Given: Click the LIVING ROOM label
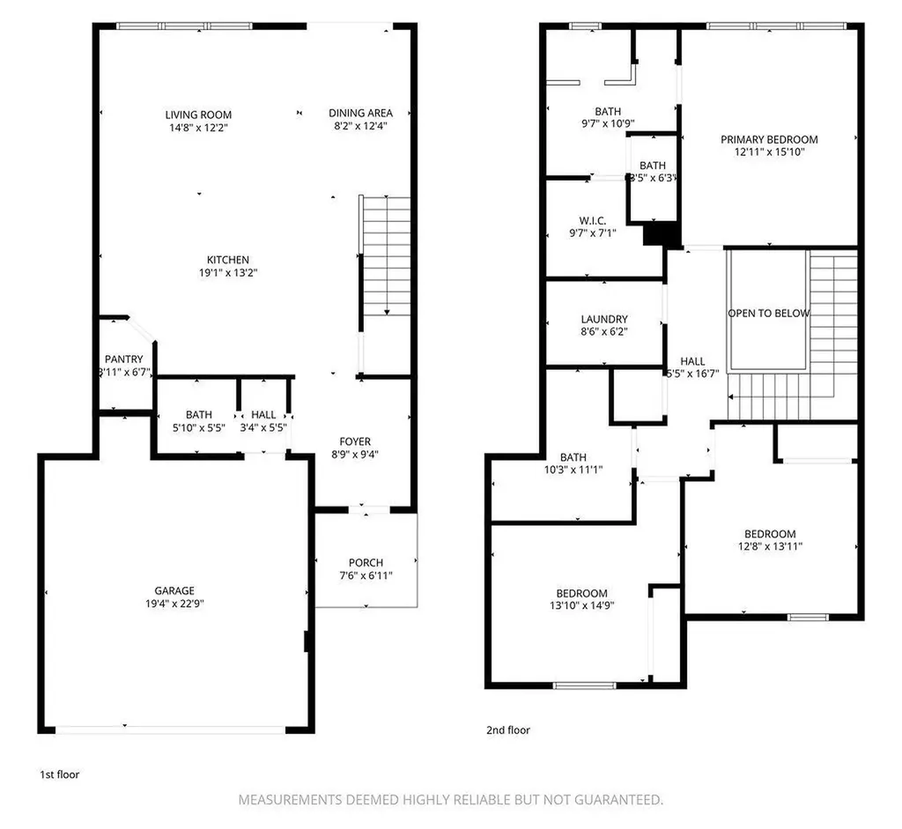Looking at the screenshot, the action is (x=198, y=115).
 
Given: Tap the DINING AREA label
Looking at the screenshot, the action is (x=360, y=114).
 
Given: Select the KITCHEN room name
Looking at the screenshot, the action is (x=228, y=260).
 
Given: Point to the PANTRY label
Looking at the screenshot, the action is (x=123, y=359).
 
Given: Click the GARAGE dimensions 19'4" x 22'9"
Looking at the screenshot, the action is (x=175, y=603).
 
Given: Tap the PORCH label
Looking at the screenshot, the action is (x=366, y=563).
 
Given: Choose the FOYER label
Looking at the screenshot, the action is (x=355, y=442).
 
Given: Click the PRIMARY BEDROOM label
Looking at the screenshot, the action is (x=769, y=140).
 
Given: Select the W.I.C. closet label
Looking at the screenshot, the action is (x=593, y=221).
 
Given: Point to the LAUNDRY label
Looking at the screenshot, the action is (x=604, y=319).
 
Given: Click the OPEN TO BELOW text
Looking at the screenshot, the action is (x=768, y=314).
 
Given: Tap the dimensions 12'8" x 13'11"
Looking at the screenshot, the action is (x=770, y=546).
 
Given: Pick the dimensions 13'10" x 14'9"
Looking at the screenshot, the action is (x=582, y=605).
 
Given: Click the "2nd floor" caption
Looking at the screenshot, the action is (x=508, y=730).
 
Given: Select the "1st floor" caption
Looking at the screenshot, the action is (x=59, y=775).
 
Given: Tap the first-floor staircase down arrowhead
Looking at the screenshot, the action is (x=388, y=313).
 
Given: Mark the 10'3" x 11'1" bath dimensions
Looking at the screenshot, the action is (x=573, y=470).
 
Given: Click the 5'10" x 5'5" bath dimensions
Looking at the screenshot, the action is (x=199, y=428).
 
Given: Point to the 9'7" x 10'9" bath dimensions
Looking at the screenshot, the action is (x=608, y=123).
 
